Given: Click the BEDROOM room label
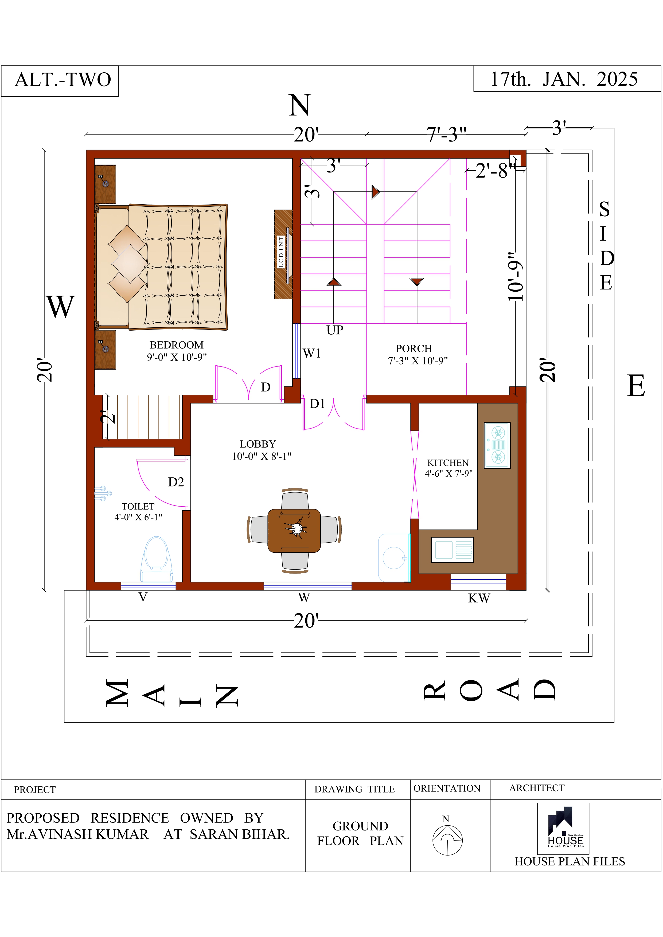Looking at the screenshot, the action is coord(176,345).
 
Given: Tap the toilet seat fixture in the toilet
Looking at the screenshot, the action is coord(156,559).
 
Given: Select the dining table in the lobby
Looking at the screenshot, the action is coord(294,531).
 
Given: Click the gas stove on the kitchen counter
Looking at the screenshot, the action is coord(497,445).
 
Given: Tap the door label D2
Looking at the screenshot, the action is coord(176,482).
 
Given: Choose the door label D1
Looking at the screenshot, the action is coord(317,403).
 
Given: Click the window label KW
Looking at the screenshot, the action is coord(479,598).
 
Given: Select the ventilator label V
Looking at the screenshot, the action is coord(143,597).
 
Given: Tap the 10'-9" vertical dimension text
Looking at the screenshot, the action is coord(515,276).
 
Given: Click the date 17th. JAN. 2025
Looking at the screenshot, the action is coord(564,79).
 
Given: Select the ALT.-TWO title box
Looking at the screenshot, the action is coord(60,81).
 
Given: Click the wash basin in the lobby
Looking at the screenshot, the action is coord(394,558).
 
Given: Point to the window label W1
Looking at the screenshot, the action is coord(312,354).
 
